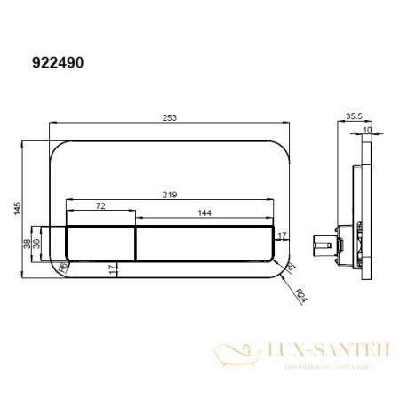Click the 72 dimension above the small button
coord(101,206)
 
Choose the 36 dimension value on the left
coord(38,241)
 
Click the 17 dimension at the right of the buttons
coord(282,235)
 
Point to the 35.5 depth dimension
coord(352,114)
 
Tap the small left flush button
coord(100,241)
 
